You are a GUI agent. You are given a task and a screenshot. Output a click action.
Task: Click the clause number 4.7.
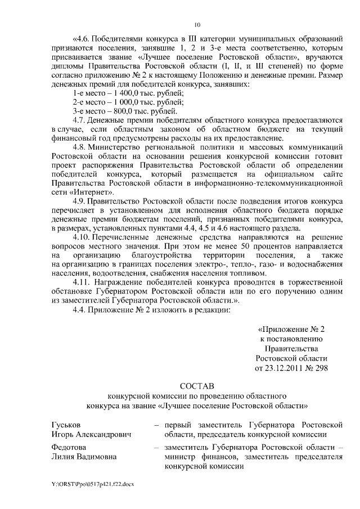[82, 121]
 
